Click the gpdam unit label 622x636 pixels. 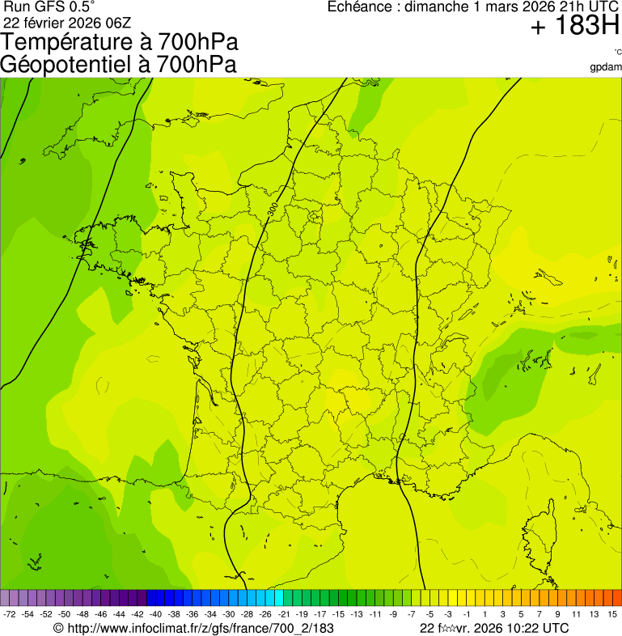click(x=607, y=66)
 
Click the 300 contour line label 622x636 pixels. click(x=273, y=209)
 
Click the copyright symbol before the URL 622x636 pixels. click(x=57, y=628)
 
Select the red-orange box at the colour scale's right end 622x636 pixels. click(x=616, y=598)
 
